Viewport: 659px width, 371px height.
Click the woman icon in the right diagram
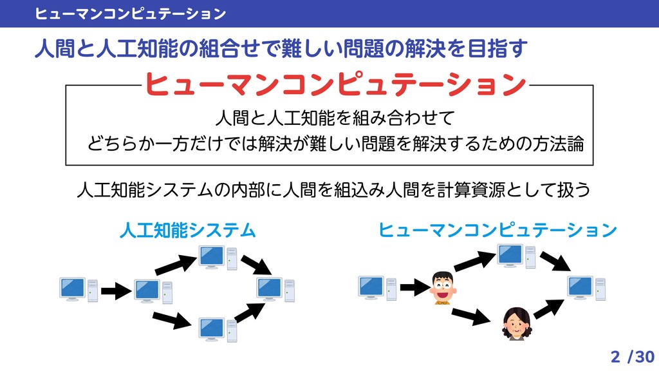pyautogui.click(x=517, y=323)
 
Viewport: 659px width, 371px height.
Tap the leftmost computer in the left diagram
pyautogui.click(x=79, y=289)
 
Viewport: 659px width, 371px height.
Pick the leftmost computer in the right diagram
pyautogui.click(x=377, y=288)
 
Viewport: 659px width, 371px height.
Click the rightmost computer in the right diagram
pyautogui.click(x=586, y=288)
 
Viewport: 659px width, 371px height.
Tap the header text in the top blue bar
pyautogui.click(x=131, y=13)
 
